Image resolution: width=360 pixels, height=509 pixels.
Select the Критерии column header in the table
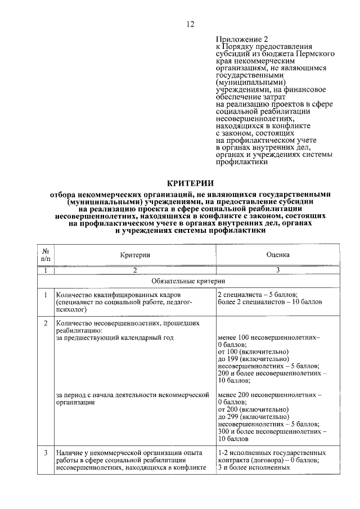[135, 255]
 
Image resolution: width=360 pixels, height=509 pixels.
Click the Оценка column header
[278, 255]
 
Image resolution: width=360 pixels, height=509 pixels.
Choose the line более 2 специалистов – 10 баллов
[269, 302]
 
